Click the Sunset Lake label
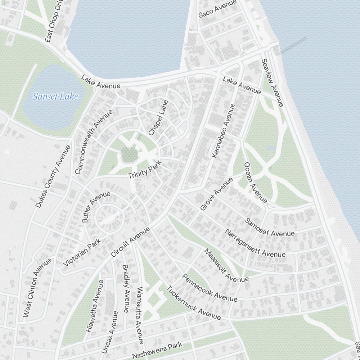pyautogui.click(x=55, y=96)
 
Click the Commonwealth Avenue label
pyautogui.click(x=93, y=142)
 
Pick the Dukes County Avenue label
pyautogui.click(x=53, y=176)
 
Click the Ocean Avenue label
pyautogui.click(x=256, y=183)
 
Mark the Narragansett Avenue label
pyautogui.click(x=255, y=243)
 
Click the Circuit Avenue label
pyautogui.click(x=130, y=242)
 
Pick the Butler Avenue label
pyautogui.click(x=96, y=207)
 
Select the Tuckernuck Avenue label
pyautogui.click(x=193, y=303)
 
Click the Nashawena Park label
pyautogui.click(x=157, y=350)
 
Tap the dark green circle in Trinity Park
pyautogui.click(x=129, y=154)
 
